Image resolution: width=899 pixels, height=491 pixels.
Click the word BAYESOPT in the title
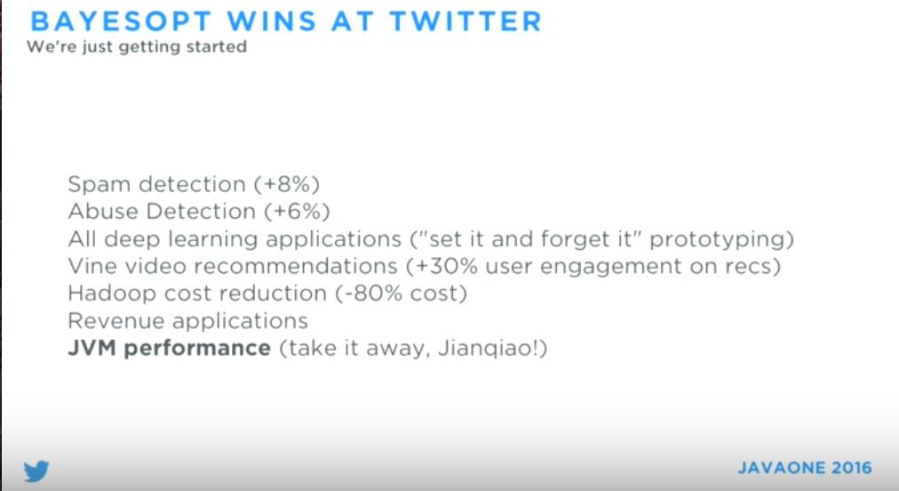(122, 22)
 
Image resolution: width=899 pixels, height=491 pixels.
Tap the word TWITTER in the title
(465, 22)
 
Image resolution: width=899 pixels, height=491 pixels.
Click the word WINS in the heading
(272, 22)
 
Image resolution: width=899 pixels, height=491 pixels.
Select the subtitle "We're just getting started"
(137, 46)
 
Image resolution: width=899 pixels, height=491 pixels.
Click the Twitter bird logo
(36, 471)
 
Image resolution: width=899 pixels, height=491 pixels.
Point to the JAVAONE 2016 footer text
(805, 468)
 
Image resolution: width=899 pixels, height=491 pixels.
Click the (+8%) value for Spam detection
(287, 184)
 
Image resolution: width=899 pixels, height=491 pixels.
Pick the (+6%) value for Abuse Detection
(297, 212)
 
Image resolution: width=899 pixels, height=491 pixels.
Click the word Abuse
(103, 212)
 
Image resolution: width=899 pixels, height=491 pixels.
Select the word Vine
(90, 266)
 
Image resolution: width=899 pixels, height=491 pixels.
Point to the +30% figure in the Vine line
(445, 266)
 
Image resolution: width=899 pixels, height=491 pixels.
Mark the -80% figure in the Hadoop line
(371, 294)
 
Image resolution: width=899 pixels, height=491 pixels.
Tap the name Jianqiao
(485, 349)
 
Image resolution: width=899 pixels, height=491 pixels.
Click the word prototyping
(718, 239)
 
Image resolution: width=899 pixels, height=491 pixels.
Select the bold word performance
(197, 349)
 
